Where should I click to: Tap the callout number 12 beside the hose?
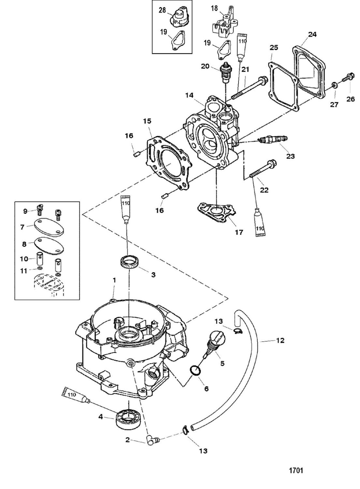tap(280, 341)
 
